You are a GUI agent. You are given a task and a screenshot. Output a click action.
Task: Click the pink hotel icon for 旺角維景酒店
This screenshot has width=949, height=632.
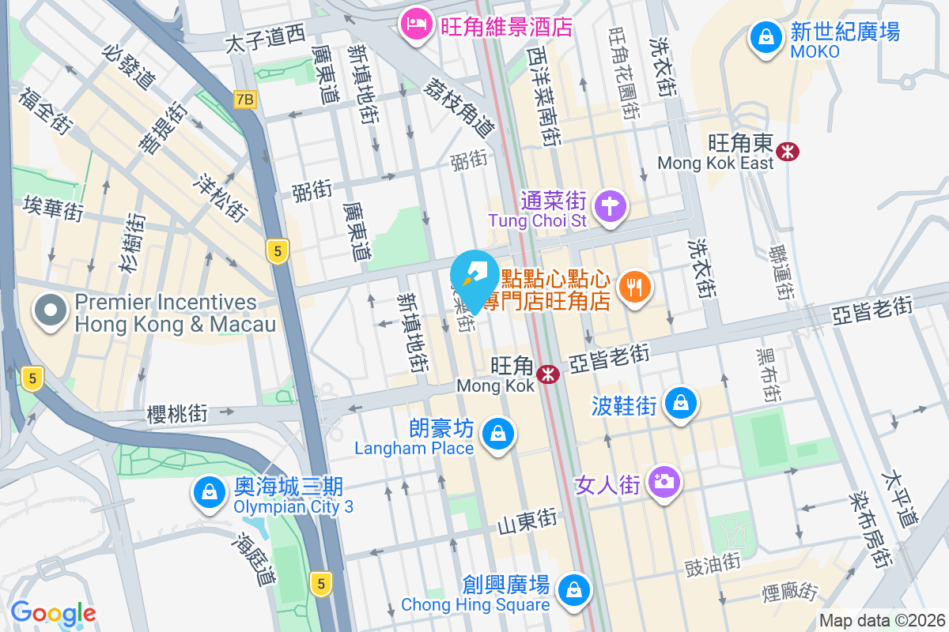[x=414, y=25]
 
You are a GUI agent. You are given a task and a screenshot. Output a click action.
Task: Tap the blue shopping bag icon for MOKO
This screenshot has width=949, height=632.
[x=766, y=37]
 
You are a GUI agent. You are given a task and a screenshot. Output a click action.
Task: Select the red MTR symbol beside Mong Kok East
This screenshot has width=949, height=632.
[x=787, y=151]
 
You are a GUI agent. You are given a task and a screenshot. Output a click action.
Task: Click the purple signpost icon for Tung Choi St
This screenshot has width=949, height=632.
[x=609, y=208]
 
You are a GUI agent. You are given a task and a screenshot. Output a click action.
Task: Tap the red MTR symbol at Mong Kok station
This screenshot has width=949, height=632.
[x=546, y=374]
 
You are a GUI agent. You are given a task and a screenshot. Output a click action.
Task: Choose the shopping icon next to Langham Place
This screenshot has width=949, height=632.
[x=498, y=434]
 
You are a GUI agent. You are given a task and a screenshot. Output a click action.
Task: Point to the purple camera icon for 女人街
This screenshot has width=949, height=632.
[x=663, y=481]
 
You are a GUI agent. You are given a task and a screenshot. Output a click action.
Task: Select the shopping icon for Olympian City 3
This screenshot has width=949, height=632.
[x=209, y=492]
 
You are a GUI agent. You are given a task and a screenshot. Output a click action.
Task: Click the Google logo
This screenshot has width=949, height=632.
[x=53, y=612]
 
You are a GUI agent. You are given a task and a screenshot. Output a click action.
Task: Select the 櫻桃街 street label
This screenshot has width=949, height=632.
[x=177, y=412]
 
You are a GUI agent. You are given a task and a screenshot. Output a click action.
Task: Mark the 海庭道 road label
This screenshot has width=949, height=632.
[x=254, y=558]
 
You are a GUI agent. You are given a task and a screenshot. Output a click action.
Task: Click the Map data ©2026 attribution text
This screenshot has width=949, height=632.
[x=881, y=620]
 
